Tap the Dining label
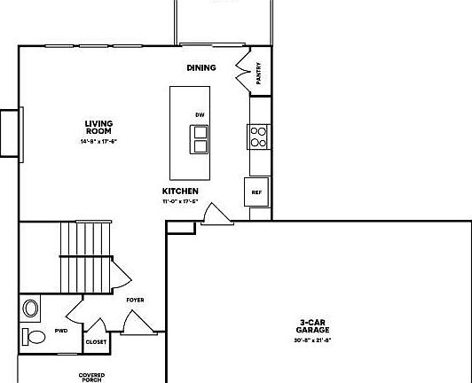point(201,68)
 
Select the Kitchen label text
point(179,191)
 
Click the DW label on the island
point(200,116)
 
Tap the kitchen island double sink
point(200,139)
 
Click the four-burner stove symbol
point(258,136)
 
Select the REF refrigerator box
point(256,191)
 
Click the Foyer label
point(135,300)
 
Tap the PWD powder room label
point(61,331)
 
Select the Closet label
point(96,340)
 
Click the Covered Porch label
point(91,377)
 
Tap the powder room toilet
point(35,336)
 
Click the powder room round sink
point(32,309)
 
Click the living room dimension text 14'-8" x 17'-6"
point(98,141)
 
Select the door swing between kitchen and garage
point(213,215)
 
